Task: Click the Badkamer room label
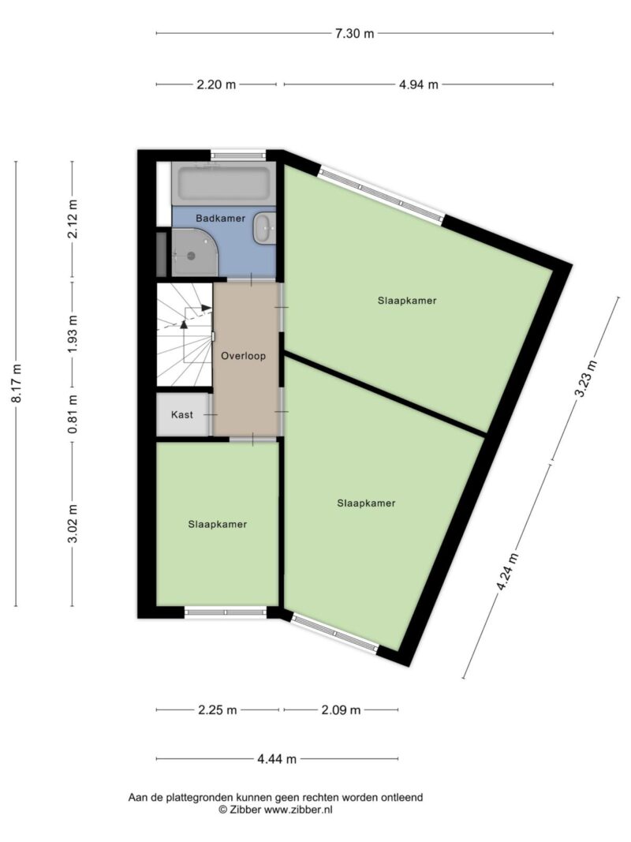click(220, 219)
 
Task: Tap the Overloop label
click(243, 356)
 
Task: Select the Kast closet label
click(182, 414)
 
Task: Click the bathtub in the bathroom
click(223, 184)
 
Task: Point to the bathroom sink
click(263, 229)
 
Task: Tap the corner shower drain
click(190, 256)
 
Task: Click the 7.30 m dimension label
click(354, 33)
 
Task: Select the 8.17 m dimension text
click(17, 384)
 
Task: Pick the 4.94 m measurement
click(419, 84)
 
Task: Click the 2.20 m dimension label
click(216, 84)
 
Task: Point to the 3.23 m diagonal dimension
click(585, 378)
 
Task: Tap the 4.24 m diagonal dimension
click(507, 571)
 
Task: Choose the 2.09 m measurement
click(341, 710)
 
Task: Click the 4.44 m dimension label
click(277, 759)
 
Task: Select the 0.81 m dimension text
click(73, 414)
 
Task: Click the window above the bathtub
click(237, 155)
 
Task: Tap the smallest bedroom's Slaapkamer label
click(218, 524)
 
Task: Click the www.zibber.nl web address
click(298, 809)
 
